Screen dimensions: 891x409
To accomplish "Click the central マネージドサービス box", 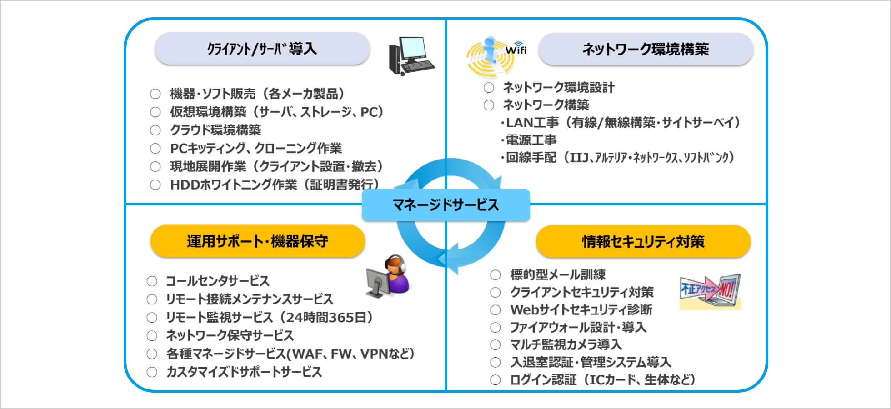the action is click(x=445, y=205).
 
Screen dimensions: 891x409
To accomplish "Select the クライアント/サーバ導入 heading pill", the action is click(x=262, y=49).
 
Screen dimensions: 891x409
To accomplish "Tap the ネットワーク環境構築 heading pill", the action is click(x=646, y=49).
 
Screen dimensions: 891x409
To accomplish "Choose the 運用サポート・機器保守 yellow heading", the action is click(x=258, y=241).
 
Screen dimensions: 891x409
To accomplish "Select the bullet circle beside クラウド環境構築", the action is click(x=155, y=130).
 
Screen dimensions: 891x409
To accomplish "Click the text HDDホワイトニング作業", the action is click(x=233, y=185).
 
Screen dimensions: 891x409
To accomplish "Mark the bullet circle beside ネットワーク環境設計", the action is click(x=489, y=88).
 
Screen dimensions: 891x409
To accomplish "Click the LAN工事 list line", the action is click(x=620, y=122).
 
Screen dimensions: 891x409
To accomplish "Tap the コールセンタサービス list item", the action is click(x=218, y=281).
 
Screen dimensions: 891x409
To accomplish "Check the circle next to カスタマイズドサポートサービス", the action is click(x=152, y=372).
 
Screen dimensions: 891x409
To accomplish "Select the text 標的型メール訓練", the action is click(x=558, y=275).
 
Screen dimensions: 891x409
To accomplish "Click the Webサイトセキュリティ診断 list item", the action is click(x=581, y=310).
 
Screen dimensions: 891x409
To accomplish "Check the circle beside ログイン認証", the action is click(x=496, y=380).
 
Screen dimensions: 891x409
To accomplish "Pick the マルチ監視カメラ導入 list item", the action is click(x=566, y=345).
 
